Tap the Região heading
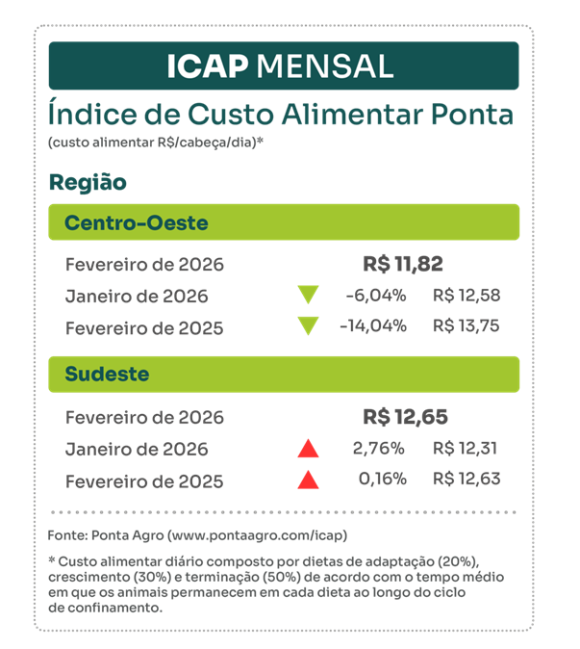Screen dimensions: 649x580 pyautogui.click(x=88, y=182)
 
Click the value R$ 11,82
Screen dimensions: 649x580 pyautogui.click(x=403, y=264)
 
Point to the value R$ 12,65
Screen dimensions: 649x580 pyautogui.click(x=405, y=417)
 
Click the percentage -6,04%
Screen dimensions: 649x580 pyautogui.click(x=375, y=296)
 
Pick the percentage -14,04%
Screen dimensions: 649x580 pyautogui.click(x=372, y=325)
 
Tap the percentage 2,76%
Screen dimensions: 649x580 pyautogui.click(x=381, y=448)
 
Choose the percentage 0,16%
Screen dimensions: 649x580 pyautogui.click(x=382, y=480)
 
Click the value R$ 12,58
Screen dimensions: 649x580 pyautogui.click(x=467, y=296)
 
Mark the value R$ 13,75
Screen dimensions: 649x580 pyautogui.click(x=467, y=325)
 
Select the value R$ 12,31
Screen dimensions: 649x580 pyautogui.click(x=467, y=448)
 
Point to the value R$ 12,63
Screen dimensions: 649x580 pyautogui.click(x=467, y=480)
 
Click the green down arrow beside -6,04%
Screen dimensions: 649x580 pyautogui.click(x=308, y=296)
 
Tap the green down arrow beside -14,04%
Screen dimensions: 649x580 pyautogui.click(x=308, y=326)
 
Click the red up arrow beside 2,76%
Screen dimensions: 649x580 pyautogui.click(x=308, y=448)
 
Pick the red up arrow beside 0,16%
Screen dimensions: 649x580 pyautogui.click(x=308, y=480)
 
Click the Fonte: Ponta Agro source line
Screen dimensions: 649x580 pyautogui.click(x=197, y=533)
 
